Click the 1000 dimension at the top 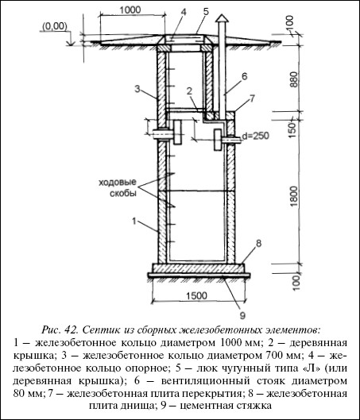coord(130,10)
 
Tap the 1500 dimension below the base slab coord(197,295)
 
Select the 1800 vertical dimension coord(294,196)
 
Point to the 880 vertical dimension coord(294,79)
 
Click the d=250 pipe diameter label coord(255,136)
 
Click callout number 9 coord(242,315)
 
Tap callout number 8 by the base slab coord(258,244)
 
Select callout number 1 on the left coord(134,222)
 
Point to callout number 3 coord(137,89)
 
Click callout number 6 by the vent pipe coord(244,76)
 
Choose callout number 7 coord(252,98)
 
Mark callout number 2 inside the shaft coord(189,91)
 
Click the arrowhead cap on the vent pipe coord(223,17)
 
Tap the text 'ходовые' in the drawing coord(118,183)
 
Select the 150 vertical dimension coord(294,129)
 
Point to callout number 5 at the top coord(206,12)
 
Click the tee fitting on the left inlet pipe coord(177,133)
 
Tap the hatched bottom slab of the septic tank coord(198,268)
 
